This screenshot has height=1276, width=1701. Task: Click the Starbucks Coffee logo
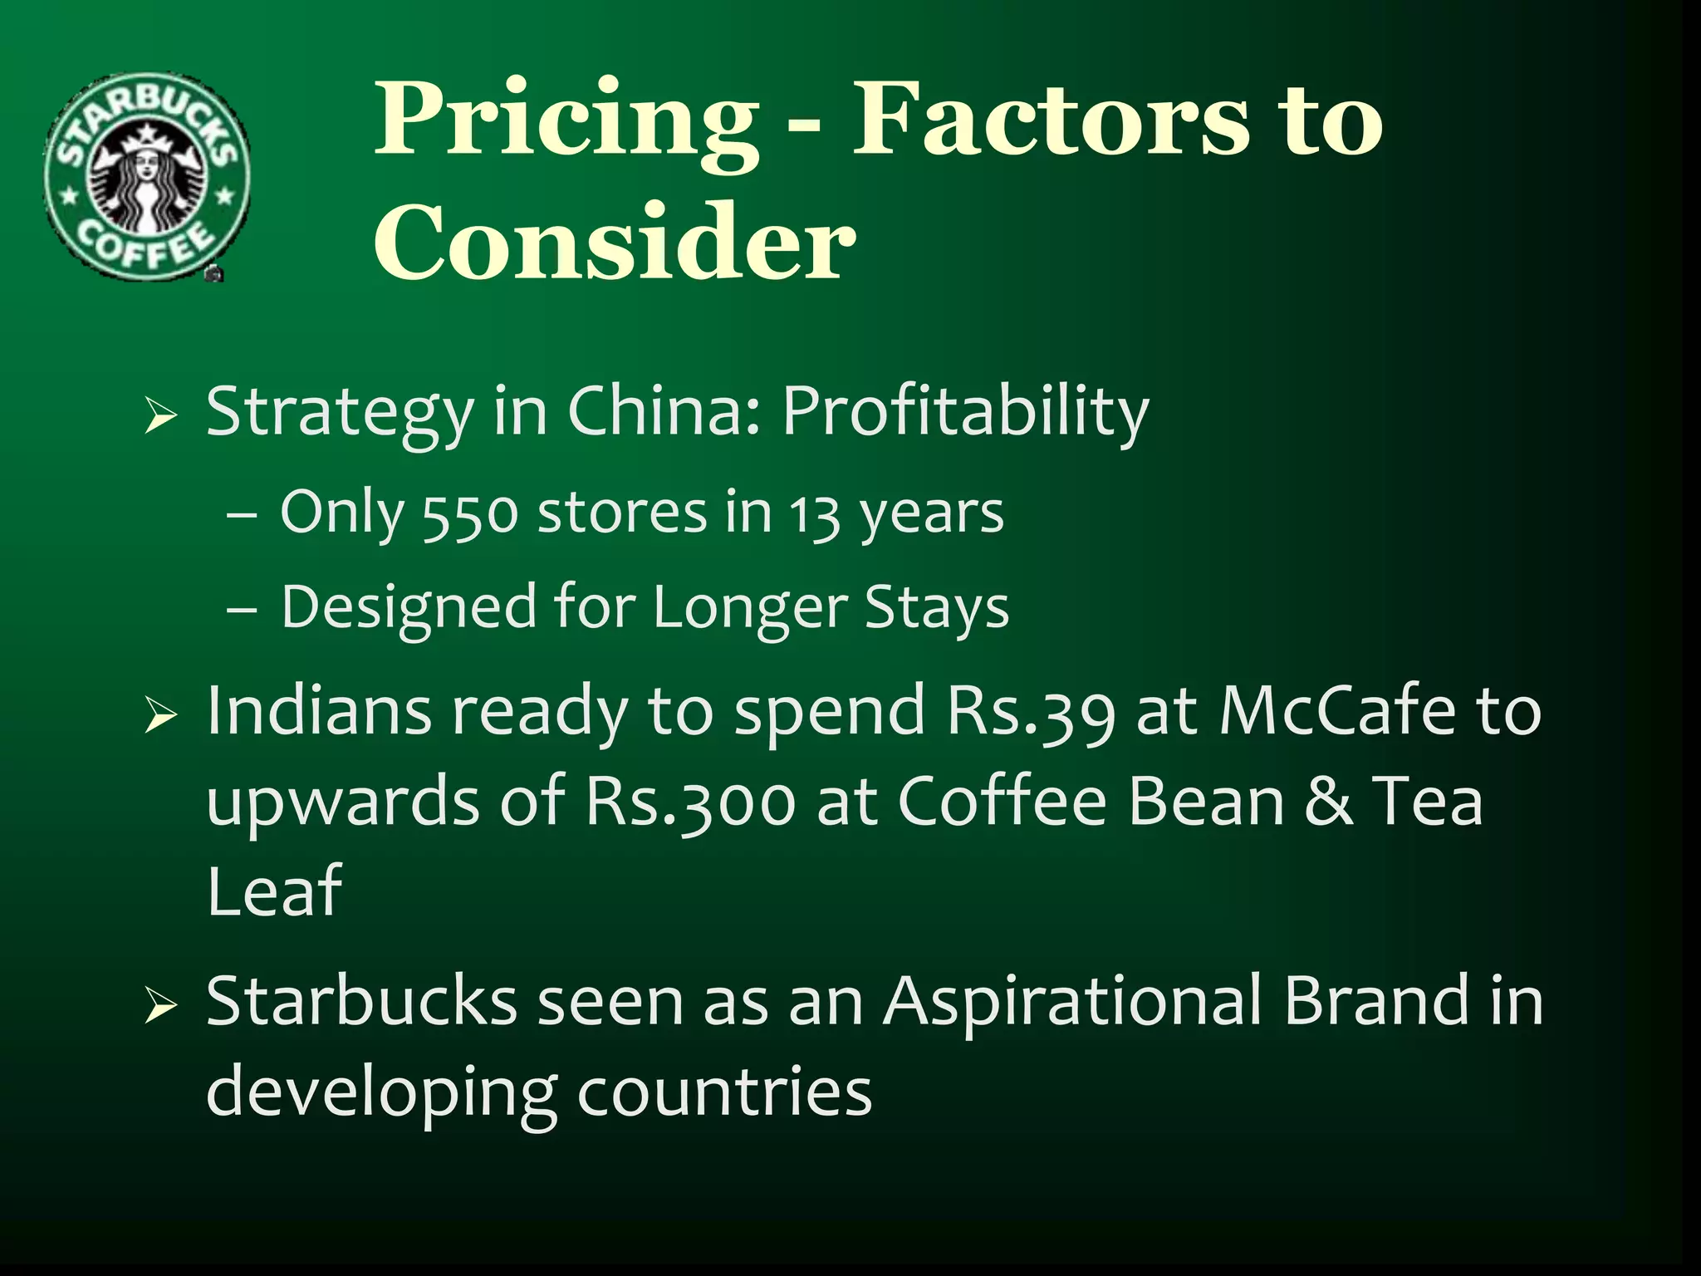coord(147,176)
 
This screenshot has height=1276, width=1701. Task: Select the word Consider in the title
coord(615,243)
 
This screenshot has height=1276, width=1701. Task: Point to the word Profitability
coord(965,412)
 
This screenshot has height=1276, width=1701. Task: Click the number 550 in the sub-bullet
coord(470,514)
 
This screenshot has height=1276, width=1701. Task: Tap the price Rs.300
coord(690,802)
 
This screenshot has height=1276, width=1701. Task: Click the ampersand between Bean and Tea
coord(1328,802)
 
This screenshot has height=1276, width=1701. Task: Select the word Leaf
coord(274,891)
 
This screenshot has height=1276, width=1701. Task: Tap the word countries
coord(724,1092)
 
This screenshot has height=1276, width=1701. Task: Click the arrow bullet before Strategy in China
coord(160,415)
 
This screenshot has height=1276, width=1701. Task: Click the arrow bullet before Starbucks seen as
coord(160,1005)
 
